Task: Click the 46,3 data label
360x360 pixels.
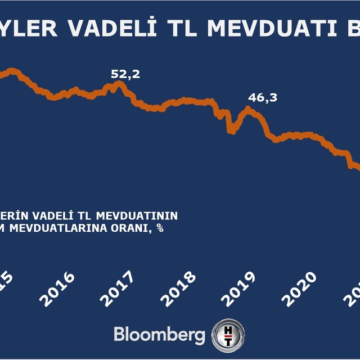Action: [x=263, y=97]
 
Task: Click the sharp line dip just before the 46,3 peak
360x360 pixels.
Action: [x=231, y=131]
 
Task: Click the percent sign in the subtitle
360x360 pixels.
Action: [x=160, y=228]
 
